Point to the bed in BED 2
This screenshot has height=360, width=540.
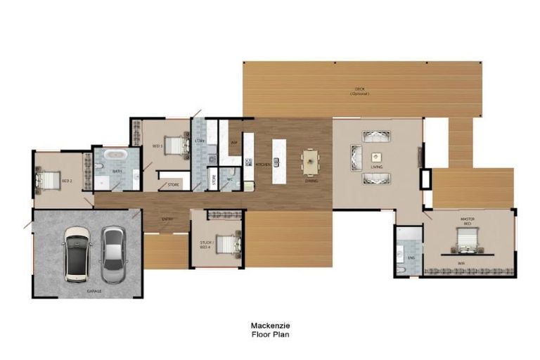(51, 181)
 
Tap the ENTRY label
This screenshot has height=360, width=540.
(167, 219)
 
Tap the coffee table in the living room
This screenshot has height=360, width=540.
(376, 155)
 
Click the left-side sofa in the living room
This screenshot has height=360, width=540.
(355, 156)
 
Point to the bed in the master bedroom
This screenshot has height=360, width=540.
(467, 244)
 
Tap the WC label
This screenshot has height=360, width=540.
(229, 179)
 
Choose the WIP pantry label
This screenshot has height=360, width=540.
(234, 142)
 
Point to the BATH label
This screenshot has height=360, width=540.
(117, 171)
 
